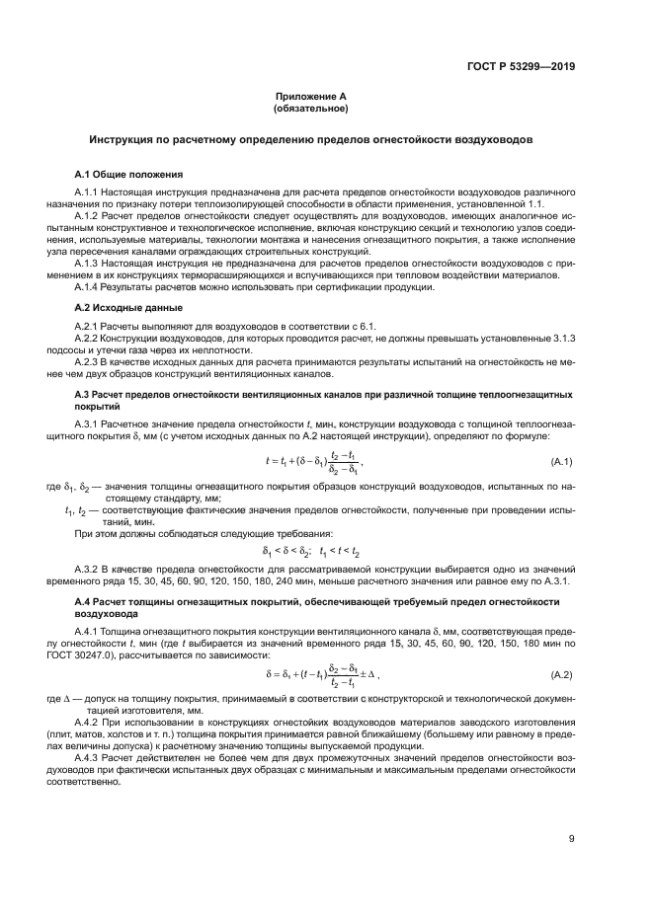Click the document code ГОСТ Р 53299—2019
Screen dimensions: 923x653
click(520, 66)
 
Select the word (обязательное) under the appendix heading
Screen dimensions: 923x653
click(311, 108)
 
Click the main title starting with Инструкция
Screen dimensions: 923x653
click(311, 140)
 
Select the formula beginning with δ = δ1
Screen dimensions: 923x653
click(321, 675)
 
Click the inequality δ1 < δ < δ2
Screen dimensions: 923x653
click(286, 552)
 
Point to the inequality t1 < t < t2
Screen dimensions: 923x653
click(340, 552)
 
